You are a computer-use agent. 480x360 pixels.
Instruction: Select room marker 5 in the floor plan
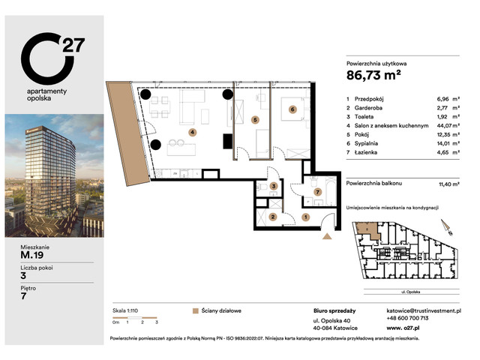coord(256,118)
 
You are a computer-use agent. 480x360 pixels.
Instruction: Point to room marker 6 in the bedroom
coord(292,109)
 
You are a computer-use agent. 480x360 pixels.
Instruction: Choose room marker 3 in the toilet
coord(274,186)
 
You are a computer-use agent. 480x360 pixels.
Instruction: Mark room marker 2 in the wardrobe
coord(273,217)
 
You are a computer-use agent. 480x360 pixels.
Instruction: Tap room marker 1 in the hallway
coord(305,217)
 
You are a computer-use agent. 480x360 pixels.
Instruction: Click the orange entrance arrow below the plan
coord(326,237)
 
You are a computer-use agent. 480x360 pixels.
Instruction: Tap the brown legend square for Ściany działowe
coord(196,309)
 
